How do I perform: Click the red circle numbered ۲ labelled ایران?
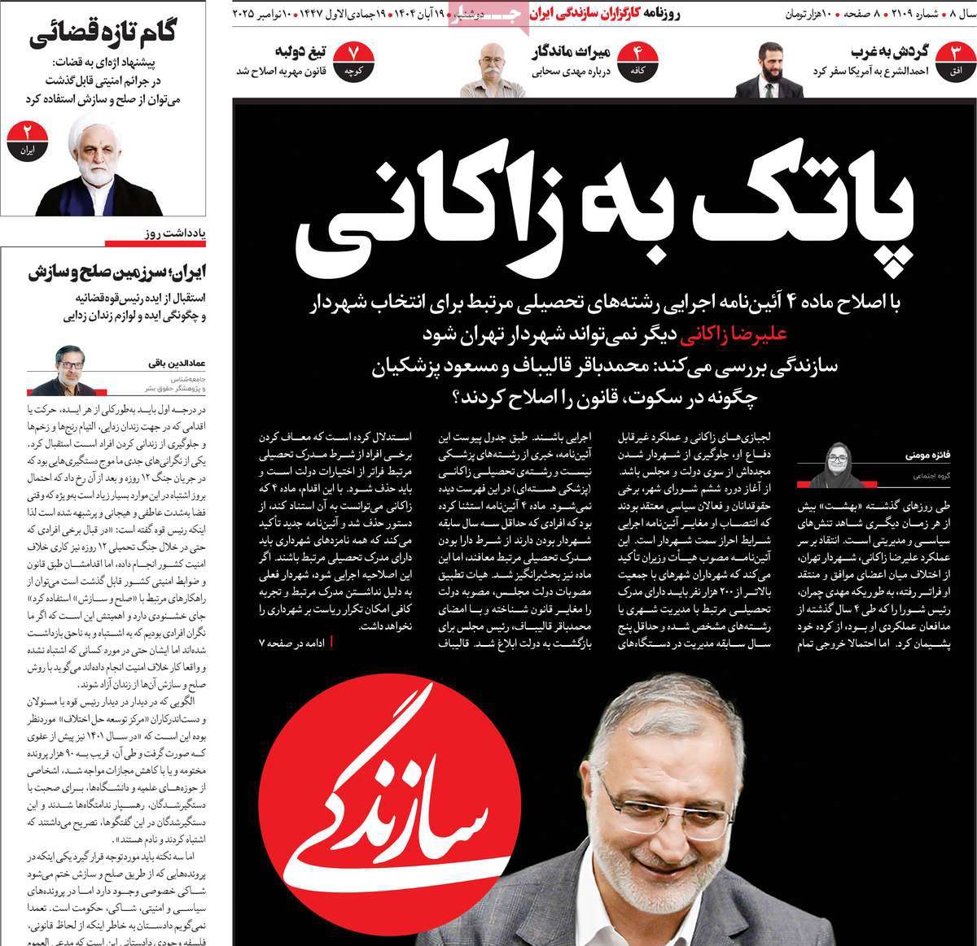click(x=28, y=137)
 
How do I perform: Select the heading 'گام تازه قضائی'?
click(x=104, y=36)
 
